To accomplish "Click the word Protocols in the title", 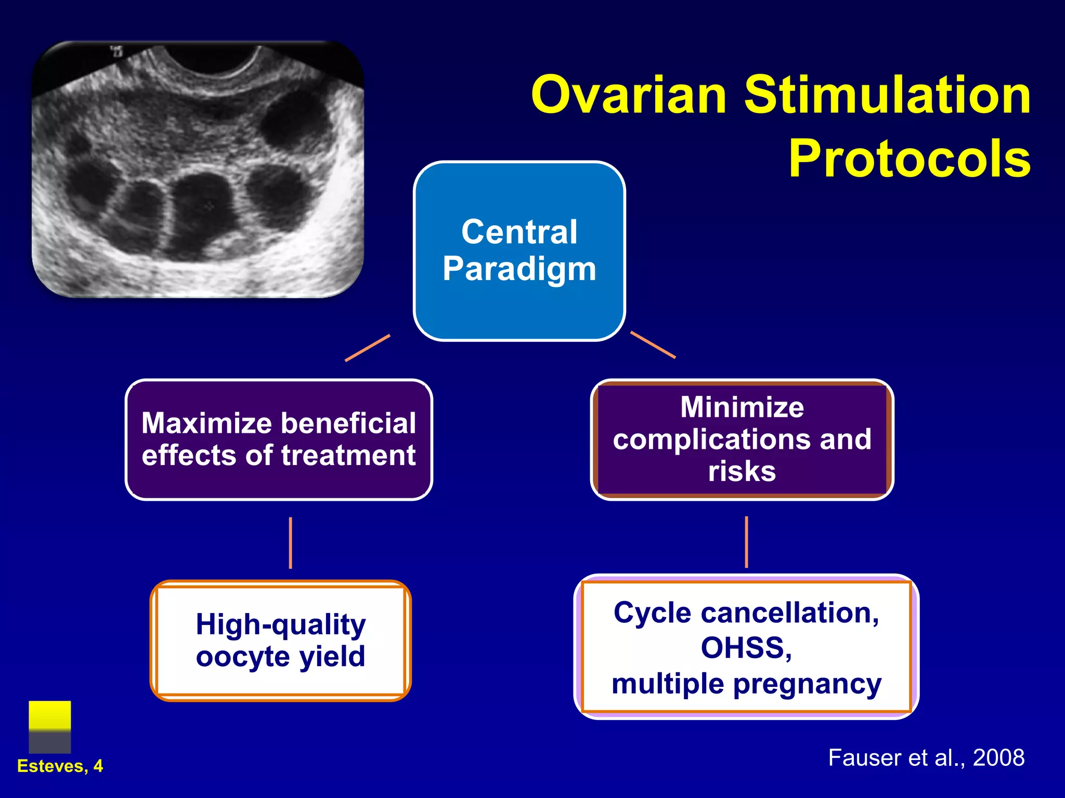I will (909, 159).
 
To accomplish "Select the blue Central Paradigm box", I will (519, 251).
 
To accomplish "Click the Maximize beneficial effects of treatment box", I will (279, 440).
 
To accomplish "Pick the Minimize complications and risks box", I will (742, 440).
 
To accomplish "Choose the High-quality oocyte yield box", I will (280, 640).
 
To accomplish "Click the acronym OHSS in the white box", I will (746, 648).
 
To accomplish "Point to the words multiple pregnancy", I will (746, 684).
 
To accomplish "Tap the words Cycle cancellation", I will (746, 613).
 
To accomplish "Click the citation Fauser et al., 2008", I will (926, 757).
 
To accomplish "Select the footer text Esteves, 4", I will (60, 766).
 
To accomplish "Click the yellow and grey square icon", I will (49, 726).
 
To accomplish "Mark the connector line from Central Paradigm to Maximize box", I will (367, 348).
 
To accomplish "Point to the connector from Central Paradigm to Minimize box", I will (653, 344).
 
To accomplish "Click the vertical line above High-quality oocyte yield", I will (290, 542).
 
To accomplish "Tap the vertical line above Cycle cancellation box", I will (746, 541).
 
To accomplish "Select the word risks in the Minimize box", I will (742, 472).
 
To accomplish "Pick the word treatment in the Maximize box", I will (348, 456).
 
